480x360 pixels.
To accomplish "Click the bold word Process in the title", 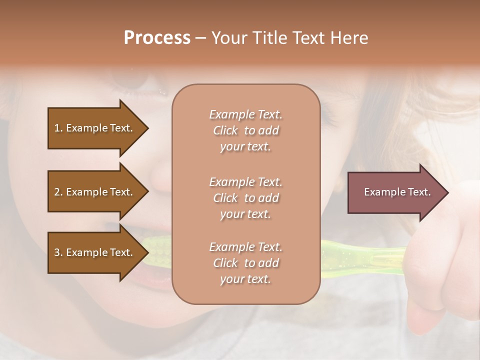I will point(157,38).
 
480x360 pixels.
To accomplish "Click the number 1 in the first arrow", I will point(57,128).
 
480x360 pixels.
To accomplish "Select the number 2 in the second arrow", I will point(57,192).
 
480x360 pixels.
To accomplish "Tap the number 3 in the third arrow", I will point(57,252).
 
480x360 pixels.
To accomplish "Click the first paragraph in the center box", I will point(245,130).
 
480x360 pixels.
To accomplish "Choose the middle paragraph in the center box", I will point(245,198).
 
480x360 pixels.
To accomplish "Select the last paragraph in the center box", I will point(245,263).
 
